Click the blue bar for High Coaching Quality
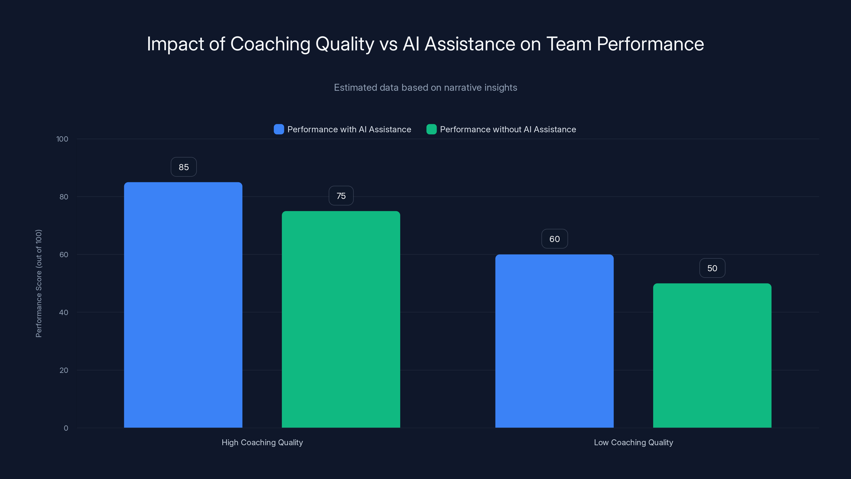point(183,305)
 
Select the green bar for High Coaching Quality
point(341,319)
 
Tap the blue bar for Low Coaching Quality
point(554,341)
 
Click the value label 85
point(184,167)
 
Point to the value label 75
point(341,196)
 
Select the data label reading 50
point(712,268)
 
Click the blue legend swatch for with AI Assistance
point(279,129)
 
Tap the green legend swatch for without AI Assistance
point(431,129)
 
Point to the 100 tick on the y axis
point(62,139)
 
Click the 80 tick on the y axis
point(64,197)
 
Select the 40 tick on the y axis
point(64,312)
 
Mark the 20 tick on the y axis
point(64,370)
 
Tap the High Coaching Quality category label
point(262,442)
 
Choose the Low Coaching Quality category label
point(633,442)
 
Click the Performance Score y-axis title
point(39,283)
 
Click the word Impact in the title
point(175,44)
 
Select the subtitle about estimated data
point(425,88)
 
